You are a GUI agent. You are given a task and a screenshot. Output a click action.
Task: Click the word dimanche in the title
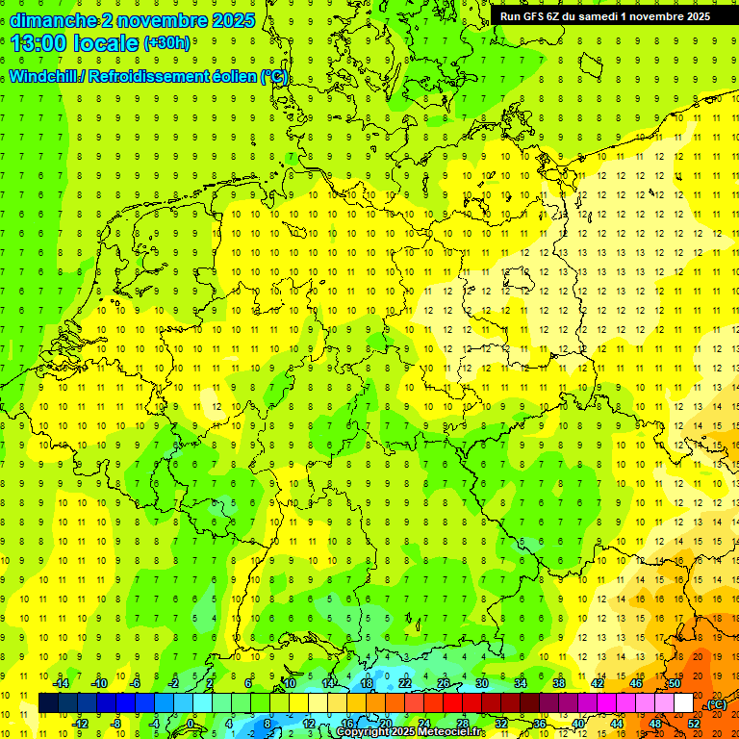[52, 20]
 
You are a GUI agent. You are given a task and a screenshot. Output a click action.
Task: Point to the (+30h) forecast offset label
[166, 43]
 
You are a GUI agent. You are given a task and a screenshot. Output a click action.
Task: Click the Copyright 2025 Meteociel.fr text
[409, 732]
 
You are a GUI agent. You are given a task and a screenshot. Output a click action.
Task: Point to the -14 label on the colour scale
[61, 683]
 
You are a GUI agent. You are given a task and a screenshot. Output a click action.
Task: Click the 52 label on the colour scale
[694, 724]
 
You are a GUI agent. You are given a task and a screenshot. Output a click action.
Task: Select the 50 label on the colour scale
[675, 683]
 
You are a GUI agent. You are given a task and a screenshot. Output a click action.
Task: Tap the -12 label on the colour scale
[80, 724]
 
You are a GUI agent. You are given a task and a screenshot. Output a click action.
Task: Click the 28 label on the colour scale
[463, 724]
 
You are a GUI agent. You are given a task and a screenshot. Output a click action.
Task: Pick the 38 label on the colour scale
[559, 683]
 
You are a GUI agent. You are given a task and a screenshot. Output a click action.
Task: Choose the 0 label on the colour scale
[191, 724]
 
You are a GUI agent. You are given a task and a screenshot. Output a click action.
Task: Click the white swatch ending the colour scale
[683, 703]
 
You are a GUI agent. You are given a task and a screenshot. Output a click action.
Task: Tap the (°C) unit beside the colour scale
[716, 704]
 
